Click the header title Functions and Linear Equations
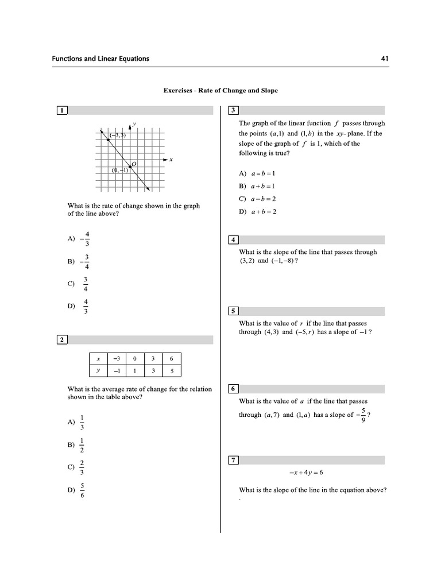pos(100,59)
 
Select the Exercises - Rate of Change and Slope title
pos(220,91)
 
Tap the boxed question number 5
pos(233,311)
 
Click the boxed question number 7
pos(233,459)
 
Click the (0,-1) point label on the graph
pos(121,170)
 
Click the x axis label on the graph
pos(171,160)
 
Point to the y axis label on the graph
pos(134,123)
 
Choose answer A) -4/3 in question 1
pos(79,239)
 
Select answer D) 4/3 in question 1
pos(79,306)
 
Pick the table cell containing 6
pos(171,359)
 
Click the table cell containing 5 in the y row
pos(171,371)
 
